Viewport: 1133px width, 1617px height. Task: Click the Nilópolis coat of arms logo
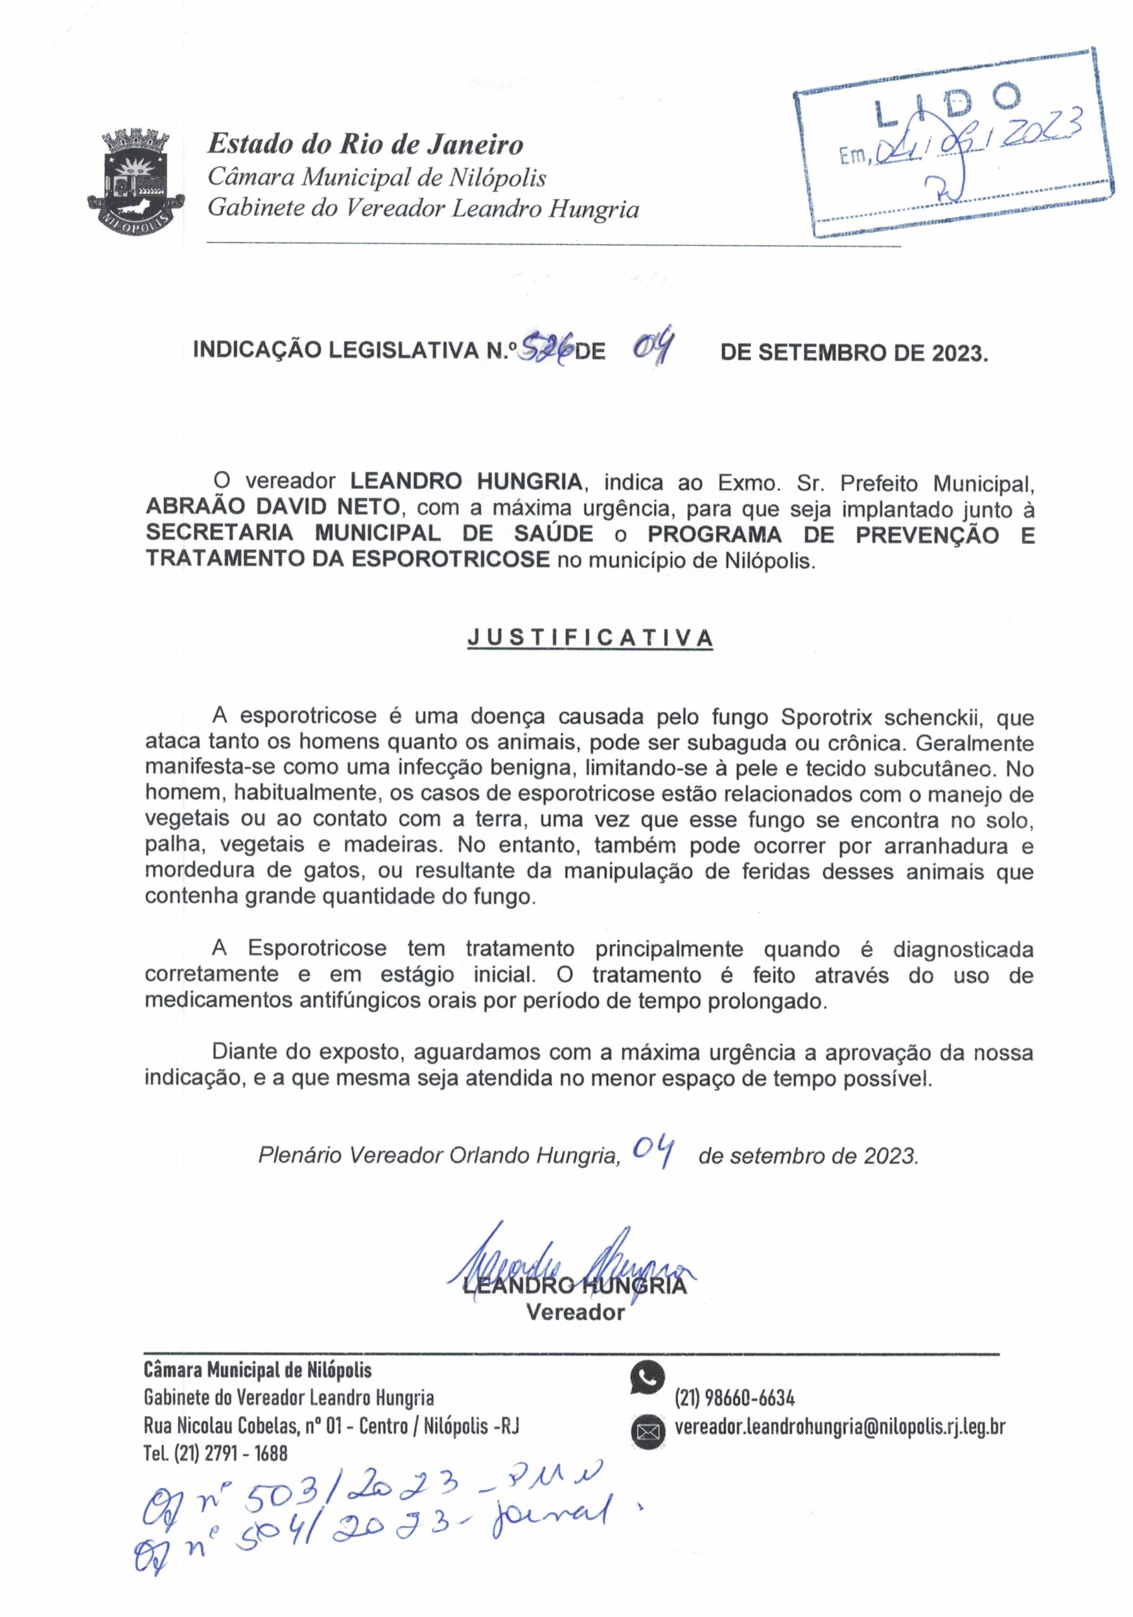pyautogui.click(x=136, y=179)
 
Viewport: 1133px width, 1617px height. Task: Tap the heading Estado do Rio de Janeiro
pyautogui.click(x=365, y=145)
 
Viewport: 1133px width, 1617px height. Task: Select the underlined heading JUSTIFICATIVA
pyautogui.click(x=590, y=638)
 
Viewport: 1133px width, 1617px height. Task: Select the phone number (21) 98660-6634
pyautogui.click(x=734, y=1398)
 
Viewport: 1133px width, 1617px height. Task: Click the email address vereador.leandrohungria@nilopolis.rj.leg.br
pyautogui.click(x=839, y=1427)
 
